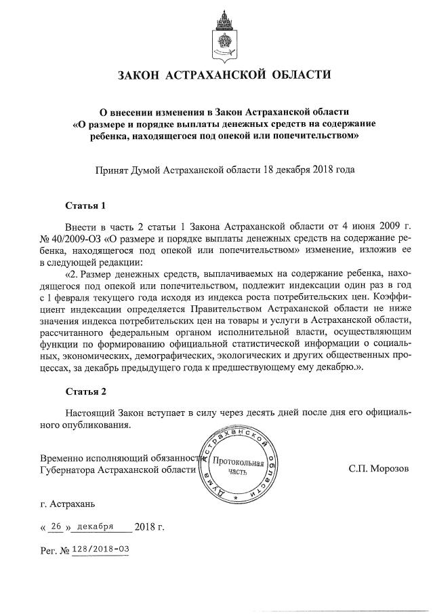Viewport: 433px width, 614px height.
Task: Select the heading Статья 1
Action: coord(86,204)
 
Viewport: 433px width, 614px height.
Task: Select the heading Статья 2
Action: coord(86,392)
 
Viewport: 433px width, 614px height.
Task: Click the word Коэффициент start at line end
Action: coord(411,296)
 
